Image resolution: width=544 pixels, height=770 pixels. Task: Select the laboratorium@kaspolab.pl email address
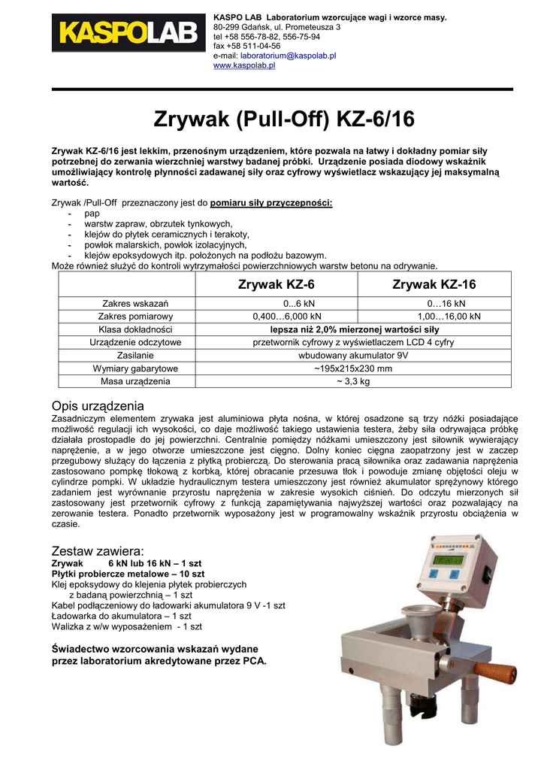[x=288, y=56]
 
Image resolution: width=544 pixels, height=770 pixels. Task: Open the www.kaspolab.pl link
[x=244, y=65]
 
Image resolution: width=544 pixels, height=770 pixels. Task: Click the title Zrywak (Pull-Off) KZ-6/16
[x=272, y=120]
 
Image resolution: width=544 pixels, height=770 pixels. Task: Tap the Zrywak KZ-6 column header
[x=277, y=285]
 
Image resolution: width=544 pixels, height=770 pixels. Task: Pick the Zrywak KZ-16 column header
[x=434, y=285]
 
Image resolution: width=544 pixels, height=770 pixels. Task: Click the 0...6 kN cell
[x=277, y=303]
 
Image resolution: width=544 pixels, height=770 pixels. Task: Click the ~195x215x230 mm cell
[x=353, y=368]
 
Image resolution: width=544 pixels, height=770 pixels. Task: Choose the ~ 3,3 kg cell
[x=353, y=382]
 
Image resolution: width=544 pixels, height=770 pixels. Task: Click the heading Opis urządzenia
[x=98, y=406]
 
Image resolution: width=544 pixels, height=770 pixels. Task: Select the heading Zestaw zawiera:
[x=97, y=551]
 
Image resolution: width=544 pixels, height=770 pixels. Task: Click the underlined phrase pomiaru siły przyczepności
[x=271, y=203]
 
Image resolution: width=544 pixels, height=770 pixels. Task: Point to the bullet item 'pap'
[x=92, y=214]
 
